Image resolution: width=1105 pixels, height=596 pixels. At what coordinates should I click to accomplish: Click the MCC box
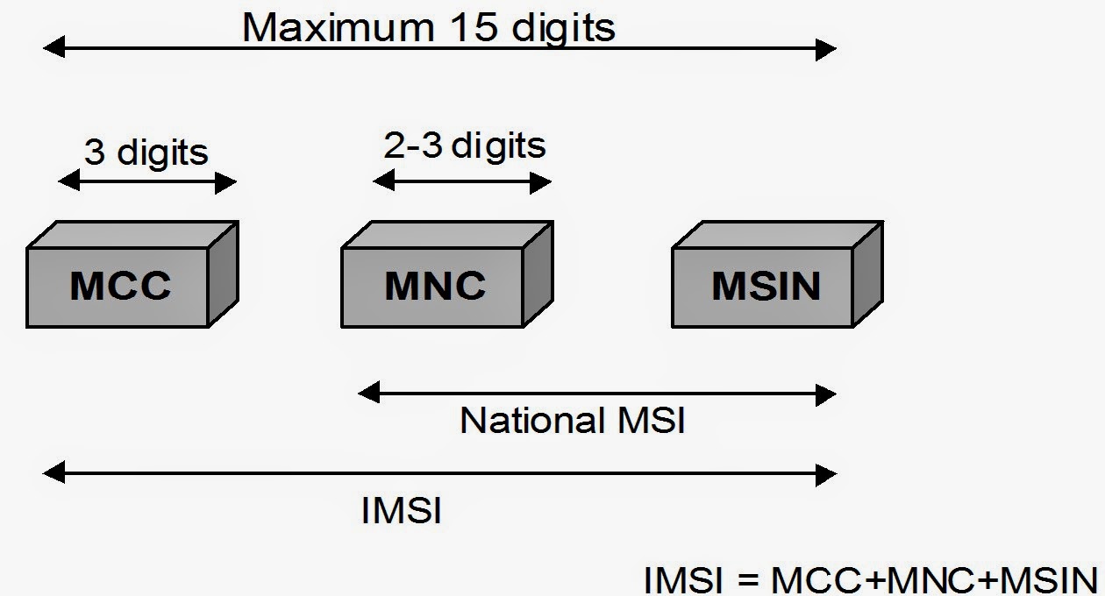(x=119, y=287)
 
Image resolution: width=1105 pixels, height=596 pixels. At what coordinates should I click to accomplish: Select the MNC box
(x=434, y=287)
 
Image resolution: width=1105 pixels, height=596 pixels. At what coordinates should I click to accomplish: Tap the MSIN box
(x=765, y=287)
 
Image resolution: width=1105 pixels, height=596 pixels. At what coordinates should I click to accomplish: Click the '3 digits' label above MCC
(x=146, y=152)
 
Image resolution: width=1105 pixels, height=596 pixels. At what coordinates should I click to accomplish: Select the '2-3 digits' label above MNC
(x=464, y=145)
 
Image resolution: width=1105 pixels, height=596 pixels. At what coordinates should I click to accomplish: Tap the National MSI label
(x=572, y=421)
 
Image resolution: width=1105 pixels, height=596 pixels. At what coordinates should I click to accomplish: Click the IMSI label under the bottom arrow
(x=401, y=511)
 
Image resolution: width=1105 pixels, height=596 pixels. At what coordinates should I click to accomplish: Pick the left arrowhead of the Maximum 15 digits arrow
(x=53, y=49)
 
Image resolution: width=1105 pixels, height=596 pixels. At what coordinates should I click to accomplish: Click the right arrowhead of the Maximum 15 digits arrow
(x=826, y=49)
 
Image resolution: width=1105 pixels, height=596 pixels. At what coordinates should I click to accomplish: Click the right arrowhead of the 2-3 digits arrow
(x=541, y=181)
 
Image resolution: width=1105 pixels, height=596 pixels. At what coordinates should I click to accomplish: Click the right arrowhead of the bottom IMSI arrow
(x=826, y=474)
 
